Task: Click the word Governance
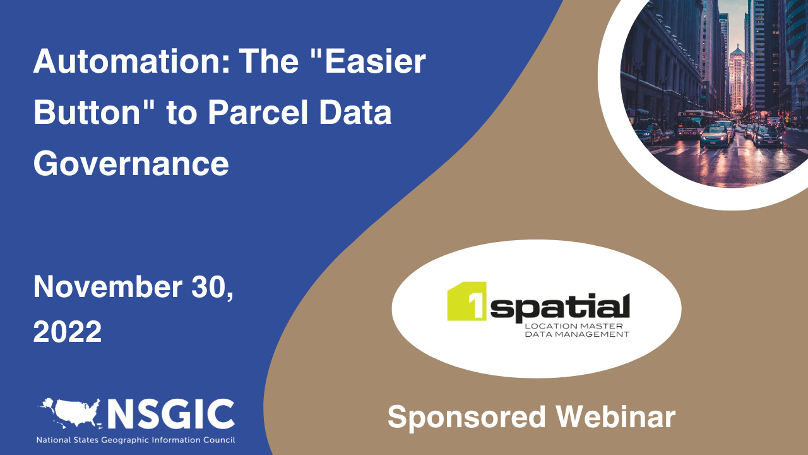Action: (131, 163)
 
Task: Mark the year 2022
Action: (68, 331)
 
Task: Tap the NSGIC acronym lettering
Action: (170, 415)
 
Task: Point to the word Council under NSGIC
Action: (216, 440)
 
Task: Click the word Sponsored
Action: (466, 418)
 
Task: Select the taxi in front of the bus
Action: (715, 135)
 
